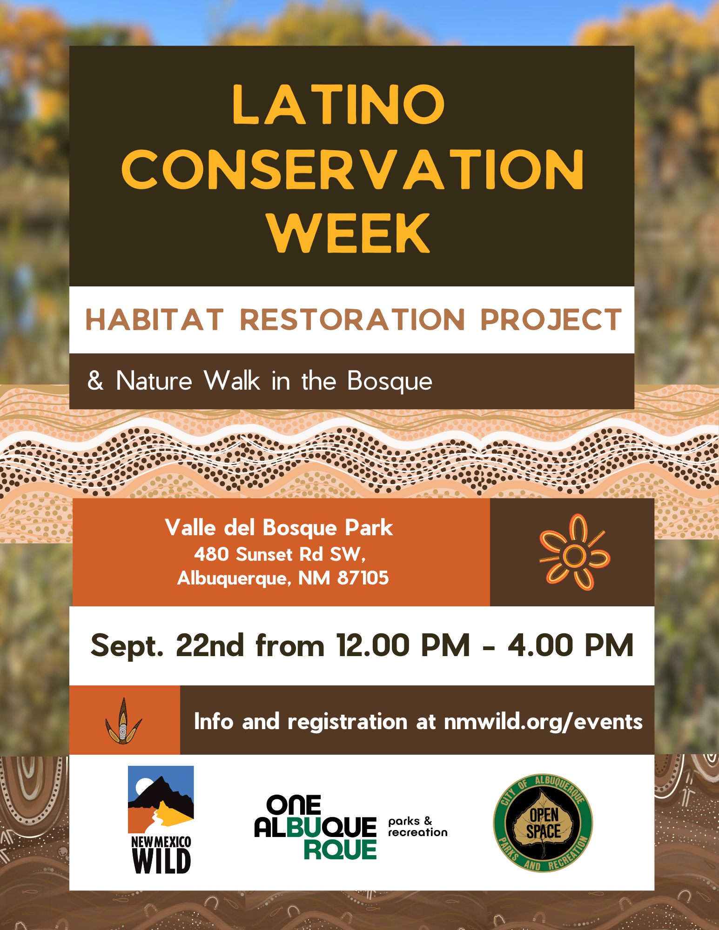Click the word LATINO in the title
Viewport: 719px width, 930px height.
339,105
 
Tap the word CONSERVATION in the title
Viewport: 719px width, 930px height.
352,170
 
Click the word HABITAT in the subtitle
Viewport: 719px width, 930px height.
155,320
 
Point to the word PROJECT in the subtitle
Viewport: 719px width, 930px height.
551,320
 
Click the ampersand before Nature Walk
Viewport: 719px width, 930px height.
95,380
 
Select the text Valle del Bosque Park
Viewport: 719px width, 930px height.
279,528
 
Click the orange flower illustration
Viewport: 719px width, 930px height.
574,552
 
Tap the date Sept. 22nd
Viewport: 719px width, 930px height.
167,645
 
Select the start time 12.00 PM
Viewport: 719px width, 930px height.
403,645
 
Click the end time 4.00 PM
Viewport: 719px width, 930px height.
570,645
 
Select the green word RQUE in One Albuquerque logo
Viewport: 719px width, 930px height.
340,850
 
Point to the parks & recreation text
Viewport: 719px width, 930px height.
417,827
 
